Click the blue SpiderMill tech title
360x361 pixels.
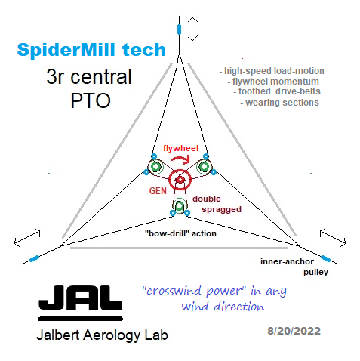pyautogui.click(x=91, y=50)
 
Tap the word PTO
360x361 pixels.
pyautogui.click(x=91, y=100)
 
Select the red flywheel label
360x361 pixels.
pyautogui.click(x=180, y=148)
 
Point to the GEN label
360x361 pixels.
pyautogui.click(x=158, y=191)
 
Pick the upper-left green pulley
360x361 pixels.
pyautogui.click(x=155, y=166)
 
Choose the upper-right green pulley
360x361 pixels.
pyautogui.click(x=205, y=166)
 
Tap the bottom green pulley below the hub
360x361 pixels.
pyautogui.click(x=180, y=206)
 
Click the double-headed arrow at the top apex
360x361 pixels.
pyautogui.click(x=192, y=29)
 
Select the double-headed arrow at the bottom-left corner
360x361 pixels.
pyautogui.click(x=27, y=238)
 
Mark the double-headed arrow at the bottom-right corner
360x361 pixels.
pyautogui.click(x=333, y=237)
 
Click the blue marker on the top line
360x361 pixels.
pyautogui.click(x=179, y=29)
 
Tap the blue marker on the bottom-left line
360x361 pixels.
pyautogui.click(x=34, y=258)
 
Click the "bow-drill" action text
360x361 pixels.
pyautogui.click(x=180, y=233)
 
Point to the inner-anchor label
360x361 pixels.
pyautogui.click(x=287, y=261)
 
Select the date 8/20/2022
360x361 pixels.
pyautogui.click(x=294, y=331)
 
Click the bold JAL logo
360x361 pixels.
pyautogui.click(x=80, y=303)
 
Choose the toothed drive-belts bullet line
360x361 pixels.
pyautogui.click(x=277, y=91)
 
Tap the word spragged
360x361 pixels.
pyautogui.click(x=222, y=210)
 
